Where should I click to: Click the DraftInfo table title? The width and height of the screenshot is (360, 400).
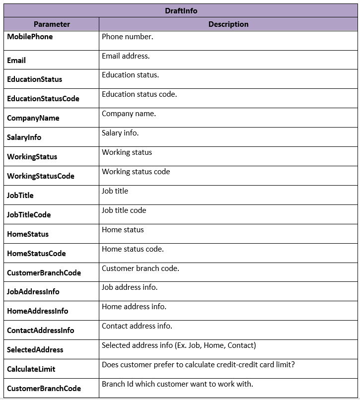(181, 10)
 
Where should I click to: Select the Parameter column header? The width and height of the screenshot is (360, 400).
(52, 24)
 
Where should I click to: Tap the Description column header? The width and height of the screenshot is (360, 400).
(228, 24)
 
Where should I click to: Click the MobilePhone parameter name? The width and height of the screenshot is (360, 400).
(30, 37)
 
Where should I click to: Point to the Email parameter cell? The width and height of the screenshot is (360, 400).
(16, 61)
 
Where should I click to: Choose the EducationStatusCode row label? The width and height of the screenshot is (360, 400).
(43, 99)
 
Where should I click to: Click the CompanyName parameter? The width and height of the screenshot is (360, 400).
(33, 118)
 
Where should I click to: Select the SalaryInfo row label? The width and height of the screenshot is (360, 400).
(24, 137)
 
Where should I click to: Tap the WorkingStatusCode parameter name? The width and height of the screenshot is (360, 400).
(41, 176)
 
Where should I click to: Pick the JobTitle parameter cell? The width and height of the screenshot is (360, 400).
(20, 196)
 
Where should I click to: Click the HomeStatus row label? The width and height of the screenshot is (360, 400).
(28, 234)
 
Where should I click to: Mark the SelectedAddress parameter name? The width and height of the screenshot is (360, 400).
(35, 350)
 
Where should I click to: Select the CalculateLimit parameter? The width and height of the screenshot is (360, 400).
(31, 369)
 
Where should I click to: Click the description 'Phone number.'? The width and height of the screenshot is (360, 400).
(128, 36)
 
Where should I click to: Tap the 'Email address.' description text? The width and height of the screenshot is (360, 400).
(126, 56)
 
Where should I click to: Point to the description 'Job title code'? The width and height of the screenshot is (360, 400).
(124, 210)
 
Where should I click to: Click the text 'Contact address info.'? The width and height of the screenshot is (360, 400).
(137, 326)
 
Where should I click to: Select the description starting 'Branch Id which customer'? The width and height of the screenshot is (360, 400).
(177, 384)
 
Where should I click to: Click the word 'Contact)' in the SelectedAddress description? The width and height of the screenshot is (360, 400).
(242, 345)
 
